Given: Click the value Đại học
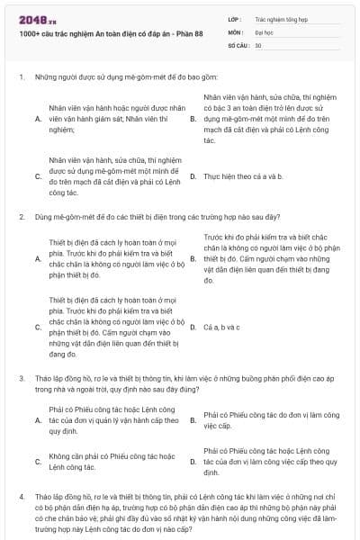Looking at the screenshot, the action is pos(264,31).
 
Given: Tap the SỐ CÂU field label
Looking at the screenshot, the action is pos(238,44).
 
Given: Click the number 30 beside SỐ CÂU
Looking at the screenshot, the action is pos(258,44).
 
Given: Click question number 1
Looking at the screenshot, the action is pos(21,78).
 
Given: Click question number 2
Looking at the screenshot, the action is pos(21,217).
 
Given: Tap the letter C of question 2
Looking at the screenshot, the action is pos(38,327).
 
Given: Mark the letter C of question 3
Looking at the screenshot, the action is pos(38,461).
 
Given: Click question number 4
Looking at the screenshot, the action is pos(21,496).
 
